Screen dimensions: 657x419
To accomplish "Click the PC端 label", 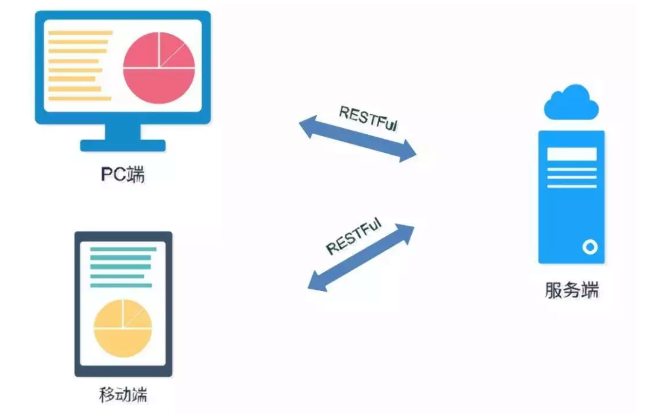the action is coord(123,175).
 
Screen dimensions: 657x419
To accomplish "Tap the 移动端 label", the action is coord(123,395).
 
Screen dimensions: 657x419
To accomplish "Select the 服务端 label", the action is coord(572,290).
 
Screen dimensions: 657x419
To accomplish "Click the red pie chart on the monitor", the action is coord(159,68).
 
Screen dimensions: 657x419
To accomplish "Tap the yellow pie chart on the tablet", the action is coord(123,328).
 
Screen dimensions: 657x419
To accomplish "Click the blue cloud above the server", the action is coord(571,104).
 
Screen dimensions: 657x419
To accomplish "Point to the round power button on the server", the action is coord(590,247).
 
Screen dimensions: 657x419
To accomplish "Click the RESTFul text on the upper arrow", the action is coord(368,118).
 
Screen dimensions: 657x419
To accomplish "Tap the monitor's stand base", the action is coord(123,145).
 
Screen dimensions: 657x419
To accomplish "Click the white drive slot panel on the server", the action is coord(572,154).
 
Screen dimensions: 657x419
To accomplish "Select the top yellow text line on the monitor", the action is coord(80,33).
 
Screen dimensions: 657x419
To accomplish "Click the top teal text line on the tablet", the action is coord(123,249).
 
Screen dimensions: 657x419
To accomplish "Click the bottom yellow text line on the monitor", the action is coord(80,98).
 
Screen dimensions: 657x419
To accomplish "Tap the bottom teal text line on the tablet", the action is coord(121,285).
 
